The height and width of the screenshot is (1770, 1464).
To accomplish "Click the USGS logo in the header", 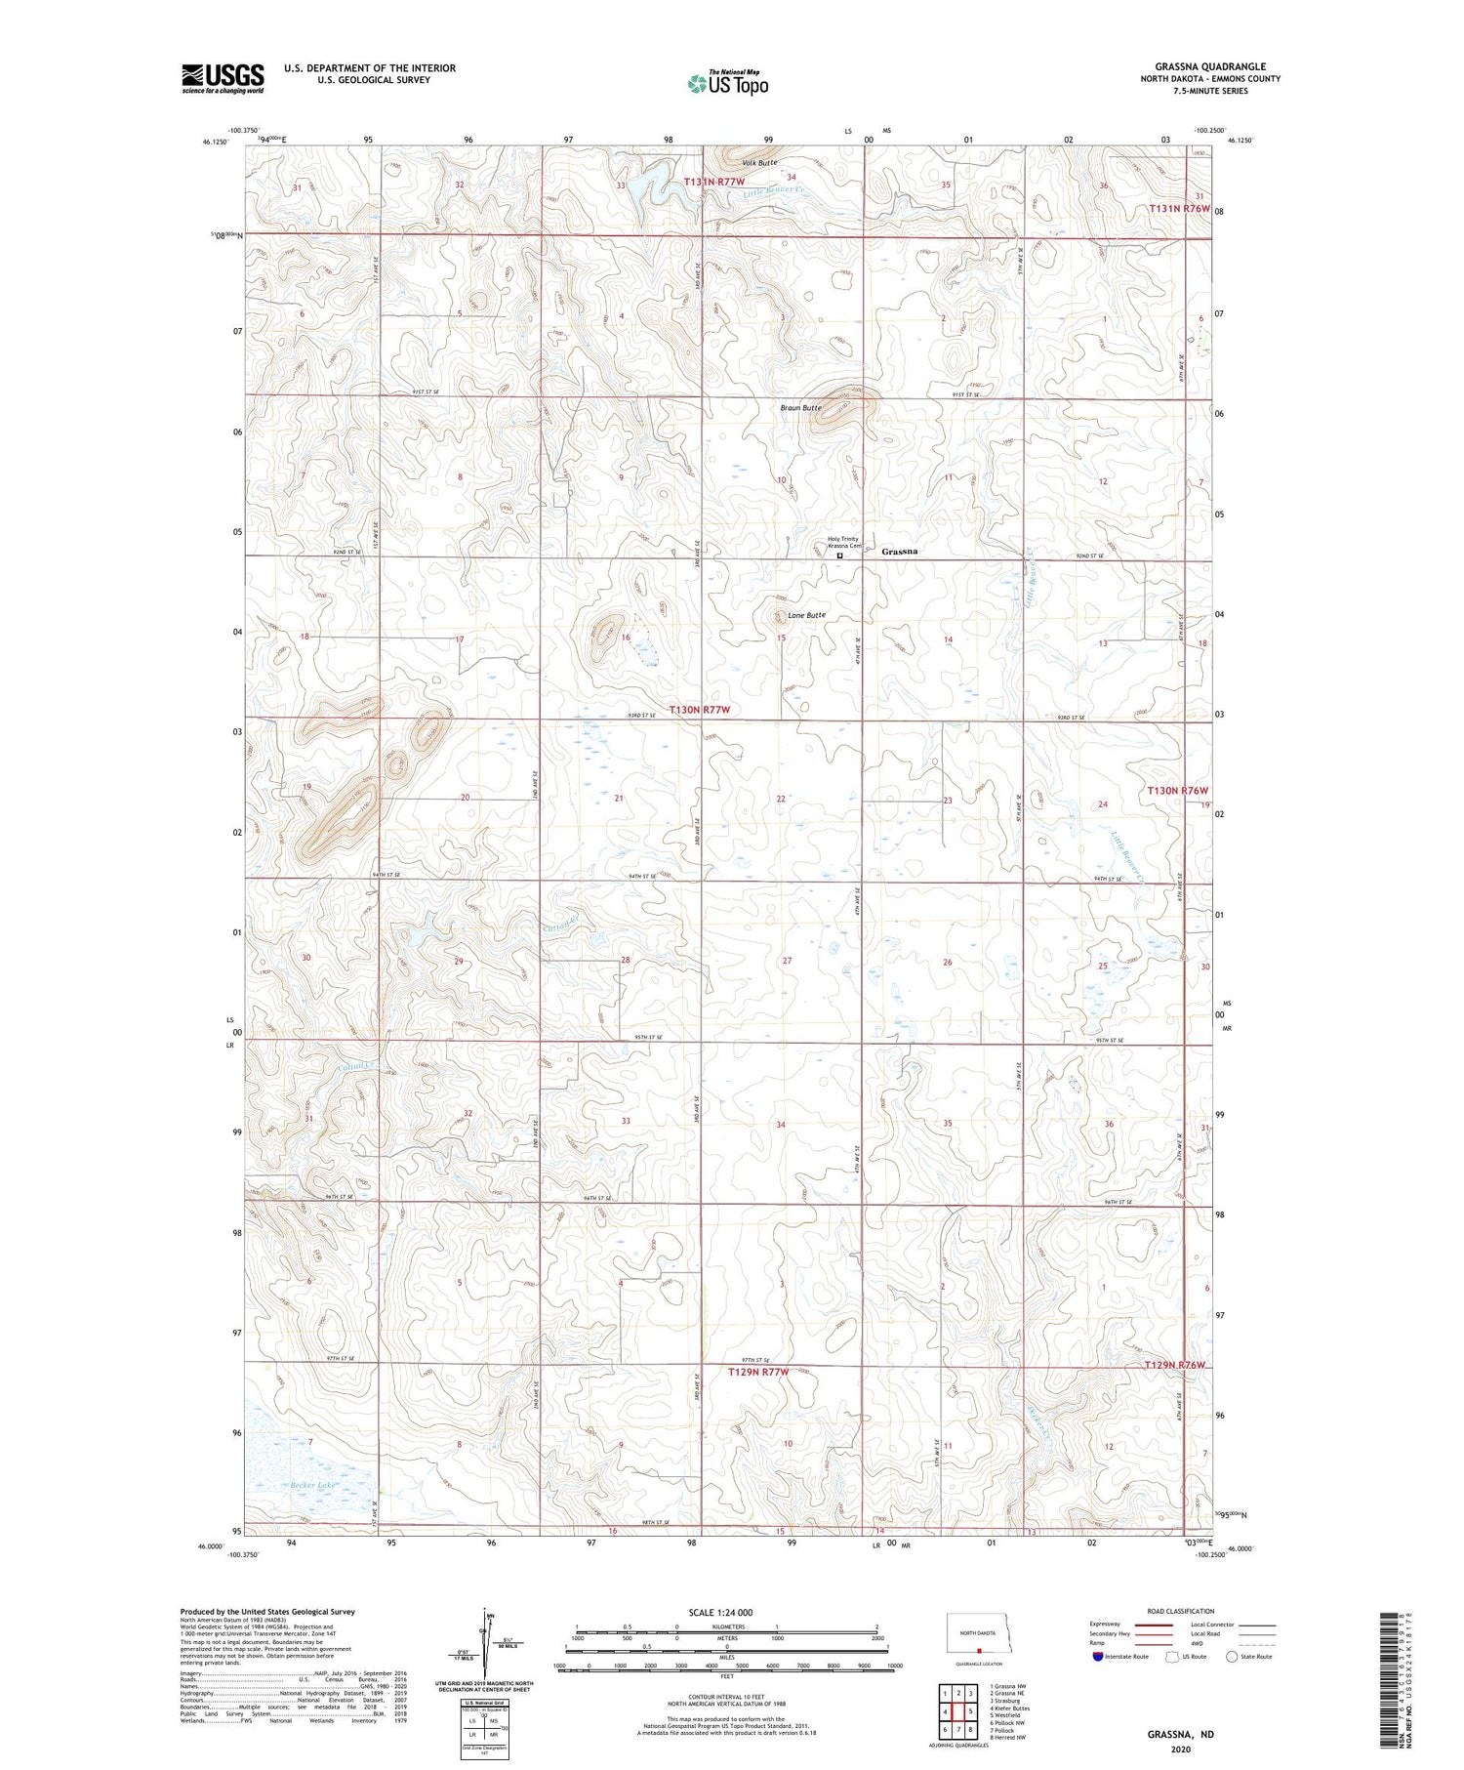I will (223, 78).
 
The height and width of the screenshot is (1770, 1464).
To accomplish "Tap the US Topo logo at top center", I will (727, 84).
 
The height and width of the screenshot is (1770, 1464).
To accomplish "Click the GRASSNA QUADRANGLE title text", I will (1210, 66).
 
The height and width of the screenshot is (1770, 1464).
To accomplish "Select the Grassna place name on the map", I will (899, 552).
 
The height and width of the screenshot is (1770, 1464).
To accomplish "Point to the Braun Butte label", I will (800, 407).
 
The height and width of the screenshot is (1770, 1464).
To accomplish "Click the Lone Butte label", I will (807, 615).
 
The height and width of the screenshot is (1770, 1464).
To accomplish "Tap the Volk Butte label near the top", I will (759, 162).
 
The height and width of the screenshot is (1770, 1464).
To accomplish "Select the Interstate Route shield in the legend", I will (1098, 1656).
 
